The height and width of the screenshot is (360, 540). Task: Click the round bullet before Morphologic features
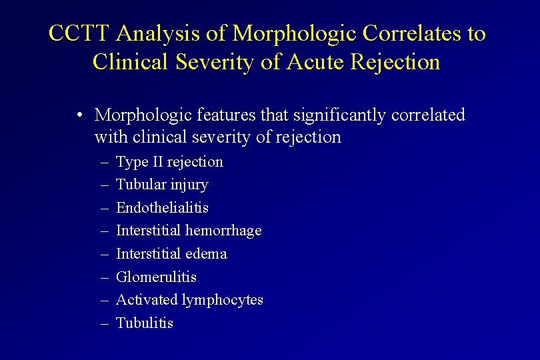(79, 115)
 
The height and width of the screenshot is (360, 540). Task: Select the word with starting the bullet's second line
(111, 137)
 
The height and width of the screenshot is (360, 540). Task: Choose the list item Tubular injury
(162, 185)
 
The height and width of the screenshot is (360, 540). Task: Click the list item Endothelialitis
(162, 208)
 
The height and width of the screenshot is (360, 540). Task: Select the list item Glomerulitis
(156, 277)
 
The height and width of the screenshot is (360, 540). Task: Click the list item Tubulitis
(145, 323)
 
